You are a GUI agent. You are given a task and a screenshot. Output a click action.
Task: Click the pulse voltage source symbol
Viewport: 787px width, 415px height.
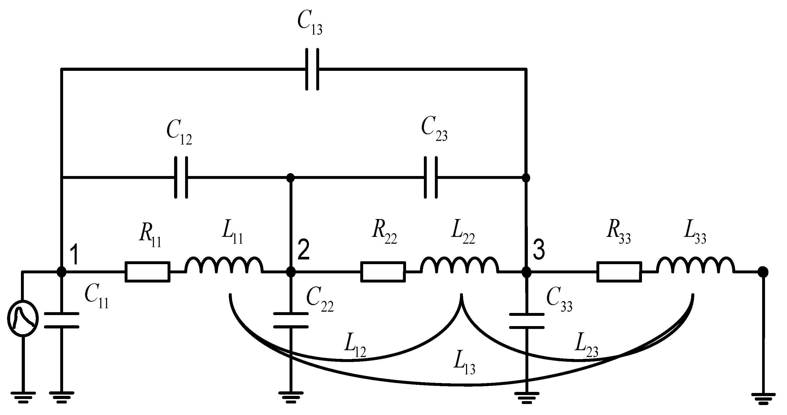(23, 318)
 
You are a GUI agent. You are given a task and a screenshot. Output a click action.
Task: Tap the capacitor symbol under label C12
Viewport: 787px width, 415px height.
(181, 178)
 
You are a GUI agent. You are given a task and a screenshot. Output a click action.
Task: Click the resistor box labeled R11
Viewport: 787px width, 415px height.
(148, 272)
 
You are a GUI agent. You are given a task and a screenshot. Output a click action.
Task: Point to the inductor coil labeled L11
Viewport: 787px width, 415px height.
(224, 266)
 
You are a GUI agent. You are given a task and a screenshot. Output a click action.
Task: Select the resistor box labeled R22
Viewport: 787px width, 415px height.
(383, 272)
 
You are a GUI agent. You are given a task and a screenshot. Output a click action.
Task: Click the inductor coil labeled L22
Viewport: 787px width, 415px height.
(459, 266)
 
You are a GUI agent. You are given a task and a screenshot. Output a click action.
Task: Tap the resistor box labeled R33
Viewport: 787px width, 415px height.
(619, 272)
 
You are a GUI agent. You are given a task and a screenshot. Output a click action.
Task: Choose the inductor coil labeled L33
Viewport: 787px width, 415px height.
(695, 266)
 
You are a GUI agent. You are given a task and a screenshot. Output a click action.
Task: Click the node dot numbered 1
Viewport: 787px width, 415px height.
(62, 272)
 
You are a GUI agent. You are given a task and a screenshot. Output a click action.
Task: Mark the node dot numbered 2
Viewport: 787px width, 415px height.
(291, 272)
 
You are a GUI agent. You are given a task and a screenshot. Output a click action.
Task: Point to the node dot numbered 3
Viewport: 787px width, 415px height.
(526, 272)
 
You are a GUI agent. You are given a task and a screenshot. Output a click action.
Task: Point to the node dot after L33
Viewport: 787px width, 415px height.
(763, 272)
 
